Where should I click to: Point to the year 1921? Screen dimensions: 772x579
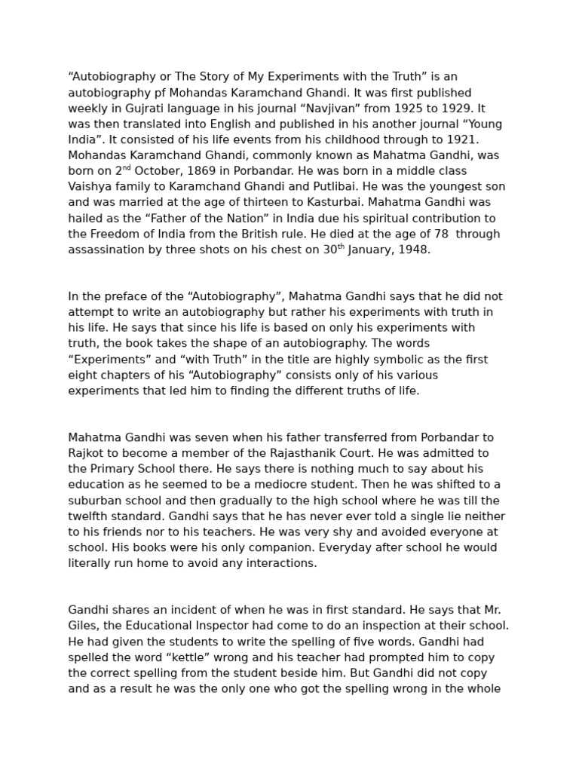(464, 139)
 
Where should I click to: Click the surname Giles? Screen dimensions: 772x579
(84, 626)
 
